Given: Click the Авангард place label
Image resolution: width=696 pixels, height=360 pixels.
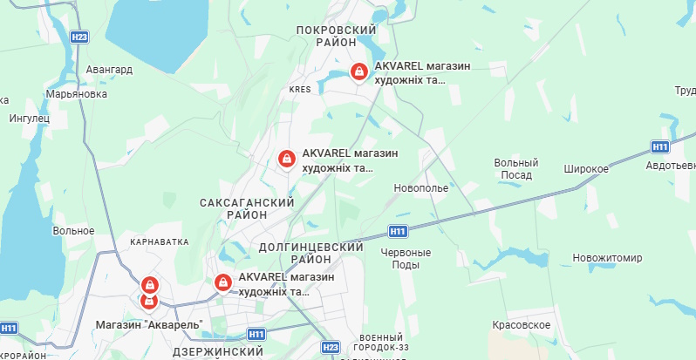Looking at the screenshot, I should tap(110, 70).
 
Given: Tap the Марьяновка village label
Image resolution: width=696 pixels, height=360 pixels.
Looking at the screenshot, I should tap(77, 93).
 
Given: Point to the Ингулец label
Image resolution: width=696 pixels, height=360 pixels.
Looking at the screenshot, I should tap(31, 118).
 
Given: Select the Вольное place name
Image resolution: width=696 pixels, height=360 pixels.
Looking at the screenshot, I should tap(73, 231).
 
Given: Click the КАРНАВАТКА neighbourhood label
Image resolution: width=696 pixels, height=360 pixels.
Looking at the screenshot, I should tap(159, 241).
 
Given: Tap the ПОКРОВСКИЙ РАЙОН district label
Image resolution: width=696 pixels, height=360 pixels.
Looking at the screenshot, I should tap(336, 36).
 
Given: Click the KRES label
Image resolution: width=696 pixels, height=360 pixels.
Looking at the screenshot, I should tap(300, 89).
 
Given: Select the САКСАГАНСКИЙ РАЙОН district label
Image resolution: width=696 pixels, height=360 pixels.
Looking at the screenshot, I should tap(247, 208).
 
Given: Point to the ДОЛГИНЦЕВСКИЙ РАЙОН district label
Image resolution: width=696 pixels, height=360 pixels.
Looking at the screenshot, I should tap(311, 254).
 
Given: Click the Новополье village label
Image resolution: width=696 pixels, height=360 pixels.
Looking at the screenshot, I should tap(420, 187).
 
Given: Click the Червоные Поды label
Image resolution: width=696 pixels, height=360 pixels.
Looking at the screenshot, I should tap(406, 258).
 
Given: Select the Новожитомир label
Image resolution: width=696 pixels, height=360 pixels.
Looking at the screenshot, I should tap(607, 258).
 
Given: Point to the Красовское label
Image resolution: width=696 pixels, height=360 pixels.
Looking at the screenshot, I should tap(521, 324).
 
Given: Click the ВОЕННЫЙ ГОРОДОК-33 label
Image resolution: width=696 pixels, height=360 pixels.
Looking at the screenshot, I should tap(380, 343).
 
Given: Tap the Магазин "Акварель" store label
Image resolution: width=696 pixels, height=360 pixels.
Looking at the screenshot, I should tap(148, 325).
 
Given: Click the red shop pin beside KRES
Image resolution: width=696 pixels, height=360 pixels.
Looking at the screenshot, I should tap(358, 71).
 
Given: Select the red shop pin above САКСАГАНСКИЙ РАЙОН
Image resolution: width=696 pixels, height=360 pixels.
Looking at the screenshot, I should tap(285, 159).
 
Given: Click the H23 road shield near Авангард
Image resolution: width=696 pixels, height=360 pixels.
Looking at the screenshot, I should tap(79, 37).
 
